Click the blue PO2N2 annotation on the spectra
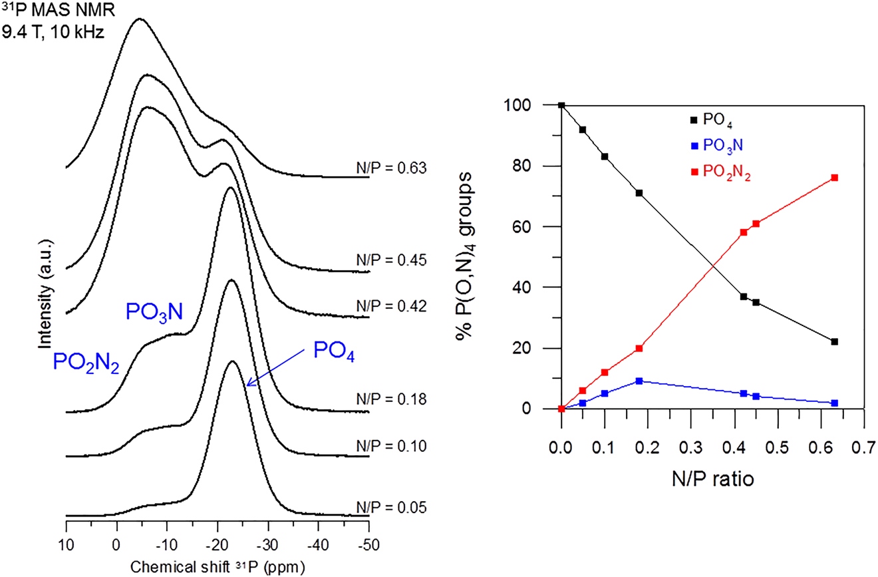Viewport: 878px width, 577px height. click(85, 363)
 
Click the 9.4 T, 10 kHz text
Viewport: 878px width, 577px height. click(53, 31)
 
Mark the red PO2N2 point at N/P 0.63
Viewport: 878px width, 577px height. click(834, 178)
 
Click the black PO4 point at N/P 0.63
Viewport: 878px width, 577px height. click(834, 341)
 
